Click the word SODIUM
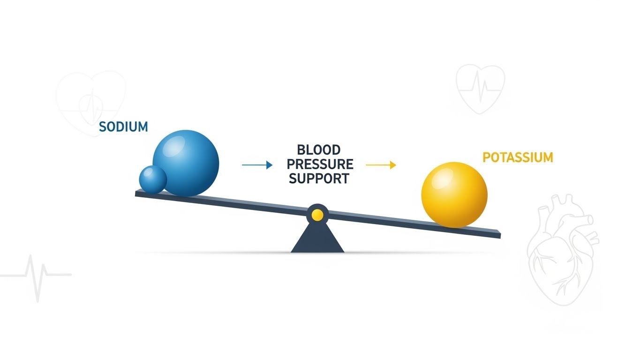pyautogui.click(x=123, y=127)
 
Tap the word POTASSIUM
pyautogui.click(x=518, y=157)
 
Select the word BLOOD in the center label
pyautogui.click(x=319, y=150)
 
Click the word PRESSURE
pyautogui.click(x=320, y=164)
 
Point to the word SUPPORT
pyautogui.click(x=319, y=179)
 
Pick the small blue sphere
pyautogui.click(x=153, y=179)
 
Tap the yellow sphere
pyautogui.click(x=454, y=195)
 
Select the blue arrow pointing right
pyautogui.click(x=257, y=165)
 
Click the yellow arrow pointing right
pyautogui.click(x=381, y=165)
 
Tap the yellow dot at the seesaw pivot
pyautogui.click(x=317, y=215)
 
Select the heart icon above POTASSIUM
pyautogui.click(x=480, y=88)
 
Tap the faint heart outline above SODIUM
pyautogui.click(x=91, y=101)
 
